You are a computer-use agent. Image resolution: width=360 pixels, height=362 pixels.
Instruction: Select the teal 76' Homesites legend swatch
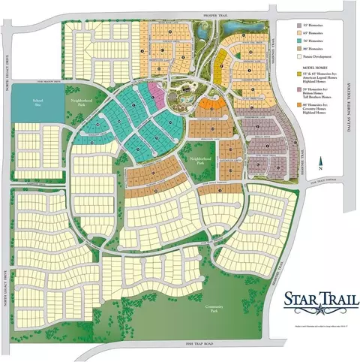[x=298, y=41]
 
